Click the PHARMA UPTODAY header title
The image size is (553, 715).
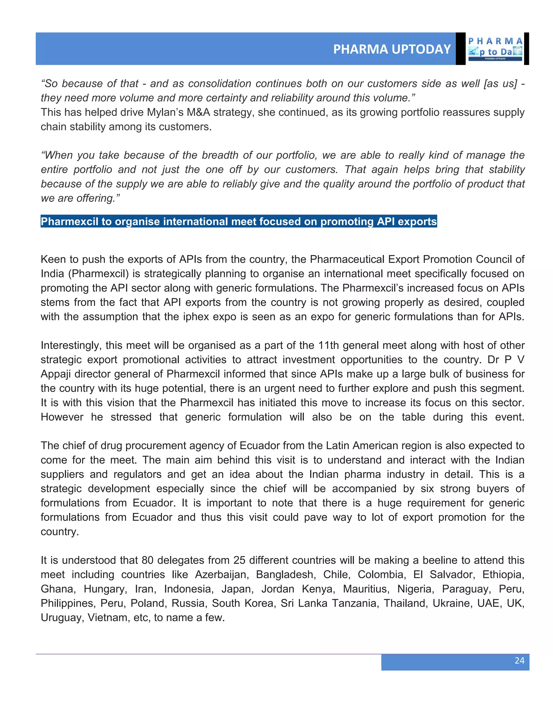392,49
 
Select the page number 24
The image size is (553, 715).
519,660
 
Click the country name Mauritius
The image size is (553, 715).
366,589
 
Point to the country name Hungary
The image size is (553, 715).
105,589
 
